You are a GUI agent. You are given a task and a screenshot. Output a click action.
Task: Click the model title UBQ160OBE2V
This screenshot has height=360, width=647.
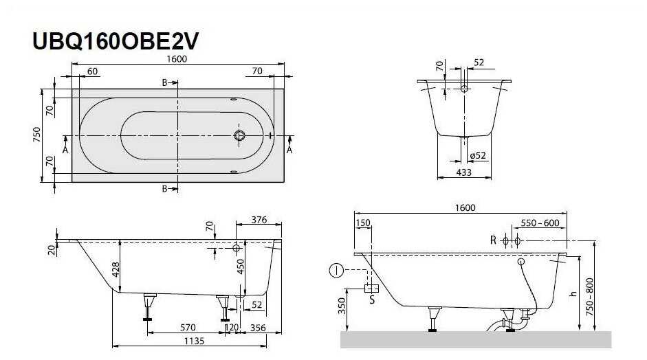click(116, 41)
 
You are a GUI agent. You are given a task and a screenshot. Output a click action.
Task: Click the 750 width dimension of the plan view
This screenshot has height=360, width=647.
click(36, 135)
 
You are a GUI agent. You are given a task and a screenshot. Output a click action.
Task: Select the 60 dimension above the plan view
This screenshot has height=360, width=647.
click(92, 71)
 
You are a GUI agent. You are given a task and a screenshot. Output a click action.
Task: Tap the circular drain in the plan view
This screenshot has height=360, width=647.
click(239, 135)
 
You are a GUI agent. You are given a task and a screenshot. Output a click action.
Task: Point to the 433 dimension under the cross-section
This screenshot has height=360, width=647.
click(464, 172)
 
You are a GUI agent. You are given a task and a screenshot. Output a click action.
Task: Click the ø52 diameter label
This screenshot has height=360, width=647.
click(478, 155)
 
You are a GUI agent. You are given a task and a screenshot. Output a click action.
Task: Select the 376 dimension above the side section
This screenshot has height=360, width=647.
click(259, 220)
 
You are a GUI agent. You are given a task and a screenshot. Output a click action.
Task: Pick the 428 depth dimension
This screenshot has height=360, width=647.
click(116, 270)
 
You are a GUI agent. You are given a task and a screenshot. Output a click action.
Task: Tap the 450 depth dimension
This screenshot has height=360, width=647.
click(241, 267)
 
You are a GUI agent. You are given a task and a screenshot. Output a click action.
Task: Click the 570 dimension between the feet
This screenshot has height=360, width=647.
click(188, 328)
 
